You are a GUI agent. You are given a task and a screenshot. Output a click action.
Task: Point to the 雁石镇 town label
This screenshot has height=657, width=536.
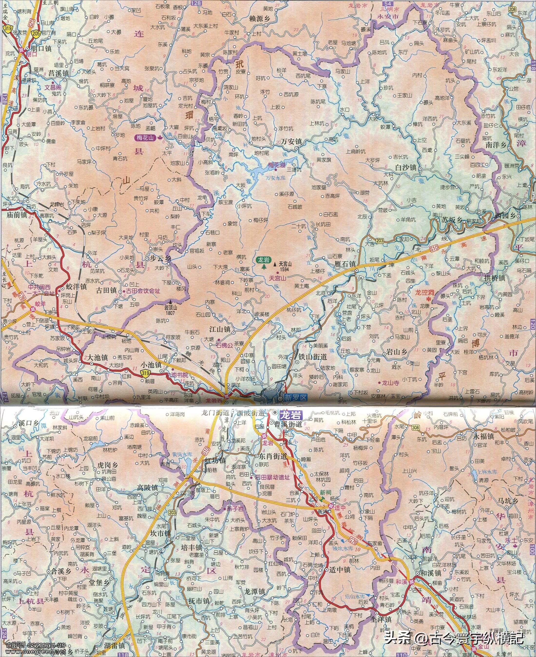[x=345, y=265]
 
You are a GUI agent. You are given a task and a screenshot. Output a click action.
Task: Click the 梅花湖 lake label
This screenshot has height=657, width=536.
[x=276, y=166]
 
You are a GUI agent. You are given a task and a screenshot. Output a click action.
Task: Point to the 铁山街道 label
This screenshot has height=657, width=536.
[x=312, y=356]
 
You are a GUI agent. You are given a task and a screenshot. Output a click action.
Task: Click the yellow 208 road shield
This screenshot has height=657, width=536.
[x=513, y=10]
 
